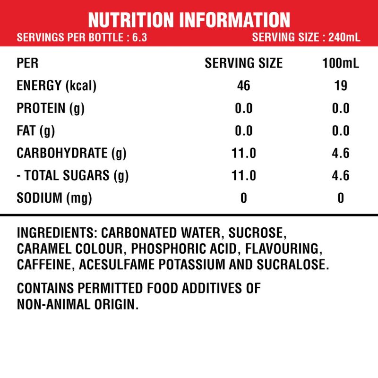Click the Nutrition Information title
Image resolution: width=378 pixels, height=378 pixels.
point(189,19)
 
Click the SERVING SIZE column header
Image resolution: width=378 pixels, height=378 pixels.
point(243,63)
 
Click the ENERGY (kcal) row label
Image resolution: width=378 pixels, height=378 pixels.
point(57,86)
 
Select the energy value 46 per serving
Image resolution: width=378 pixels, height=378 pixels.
point(243,86)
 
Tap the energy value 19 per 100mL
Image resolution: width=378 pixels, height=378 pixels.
point(341,86)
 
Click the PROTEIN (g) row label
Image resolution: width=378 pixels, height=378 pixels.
point(51,108)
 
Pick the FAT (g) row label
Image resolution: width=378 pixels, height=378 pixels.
point(36,131)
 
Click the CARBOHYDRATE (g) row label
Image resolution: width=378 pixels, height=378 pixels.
point(71,153)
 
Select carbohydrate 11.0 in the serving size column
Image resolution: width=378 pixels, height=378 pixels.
point(243,153)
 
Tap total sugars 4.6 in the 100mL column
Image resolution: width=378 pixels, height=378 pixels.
point(341,176)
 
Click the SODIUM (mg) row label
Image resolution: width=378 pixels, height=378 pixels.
point(54,198)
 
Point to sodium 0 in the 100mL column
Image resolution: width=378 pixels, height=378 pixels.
point(341,198)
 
